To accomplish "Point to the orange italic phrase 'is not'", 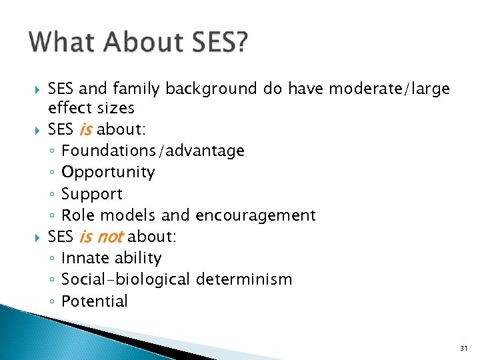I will coord(101,237).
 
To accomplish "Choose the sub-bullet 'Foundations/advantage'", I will coord(153,151).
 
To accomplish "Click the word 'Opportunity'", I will coord(108,172).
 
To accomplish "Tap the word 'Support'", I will coord(92,194).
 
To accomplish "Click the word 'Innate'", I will coord(83,258).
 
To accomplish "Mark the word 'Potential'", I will coord(94,301).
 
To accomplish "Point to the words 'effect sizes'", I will coord(91,108).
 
